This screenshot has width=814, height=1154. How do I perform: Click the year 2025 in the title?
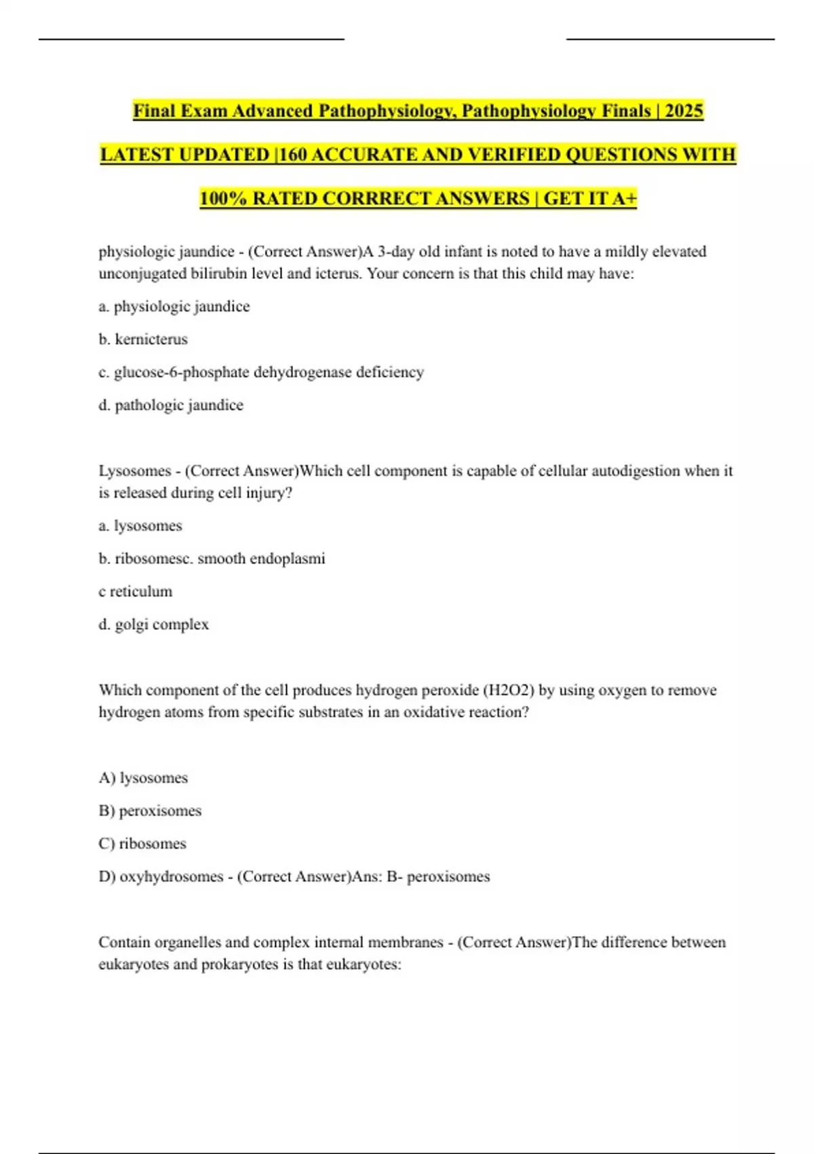(684, 111)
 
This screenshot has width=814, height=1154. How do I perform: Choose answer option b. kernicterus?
(143, 339)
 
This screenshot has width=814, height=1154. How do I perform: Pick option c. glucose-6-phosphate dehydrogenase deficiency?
(261, 372)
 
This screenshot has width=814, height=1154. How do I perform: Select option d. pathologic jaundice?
(171, 405)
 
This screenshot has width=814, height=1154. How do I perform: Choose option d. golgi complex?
(154, 625)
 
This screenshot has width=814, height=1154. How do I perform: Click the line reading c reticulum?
(136, 591)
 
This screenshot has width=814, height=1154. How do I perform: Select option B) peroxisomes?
(150, 811)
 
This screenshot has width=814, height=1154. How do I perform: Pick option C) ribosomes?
(142, 844)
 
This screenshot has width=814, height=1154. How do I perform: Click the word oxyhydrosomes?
(171, 876)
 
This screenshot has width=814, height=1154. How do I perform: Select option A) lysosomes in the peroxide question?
(143, 778)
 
